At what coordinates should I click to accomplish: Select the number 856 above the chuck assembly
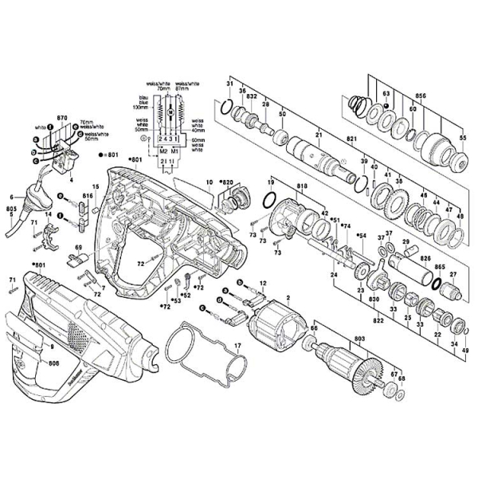point(420,96)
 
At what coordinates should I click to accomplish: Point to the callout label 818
point(302,186)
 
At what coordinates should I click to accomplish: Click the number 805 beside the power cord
point(10,209)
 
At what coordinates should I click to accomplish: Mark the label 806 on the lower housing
point(53,363)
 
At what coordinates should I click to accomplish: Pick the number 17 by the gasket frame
point(237,345)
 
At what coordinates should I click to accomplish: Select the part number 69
point(79,250)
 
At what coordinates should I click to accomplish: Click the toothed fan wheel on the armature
point(368,368)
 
